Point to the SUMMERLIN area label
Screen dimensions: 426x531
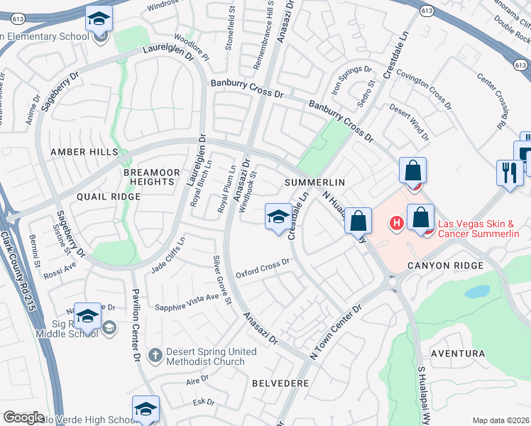[314, 183]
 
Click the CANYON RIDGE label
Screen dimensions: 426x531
[445, 266]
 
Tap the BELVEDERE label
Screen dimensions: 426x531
[280, 383]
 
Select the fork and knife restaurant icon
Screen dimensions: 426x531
[509, 173]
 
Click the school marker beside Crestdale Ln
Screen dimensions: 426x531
[277, 217]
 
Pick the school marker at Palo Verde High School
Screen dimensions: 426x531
[146, 409]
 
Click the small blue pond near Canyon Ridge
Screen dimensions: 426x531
[478, 291]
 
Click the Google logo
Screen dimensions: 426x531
[23, 417]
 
